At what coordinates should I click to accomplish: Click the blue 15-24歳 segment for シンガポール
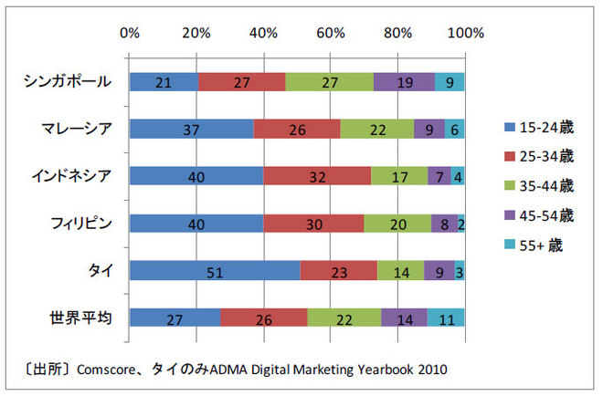(164, 82)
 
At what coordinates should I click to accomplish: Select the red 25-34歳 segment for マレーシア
(297, 130)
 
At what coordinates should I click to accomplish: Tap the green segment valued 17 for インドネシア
(399, 176)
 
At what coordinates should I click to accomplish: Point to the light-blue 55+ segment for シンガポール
(450, 82)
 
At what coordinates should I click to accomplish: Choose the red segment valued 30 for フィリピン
(313, 224)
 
